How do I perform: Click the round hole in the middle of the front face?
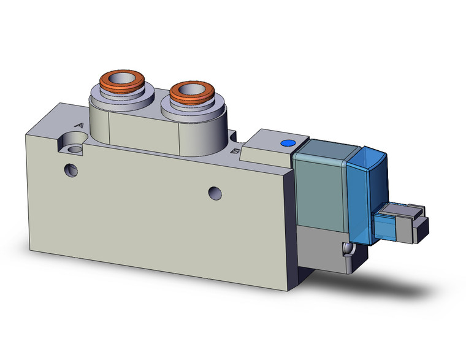pyautogui.click(x=215, y=193)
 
